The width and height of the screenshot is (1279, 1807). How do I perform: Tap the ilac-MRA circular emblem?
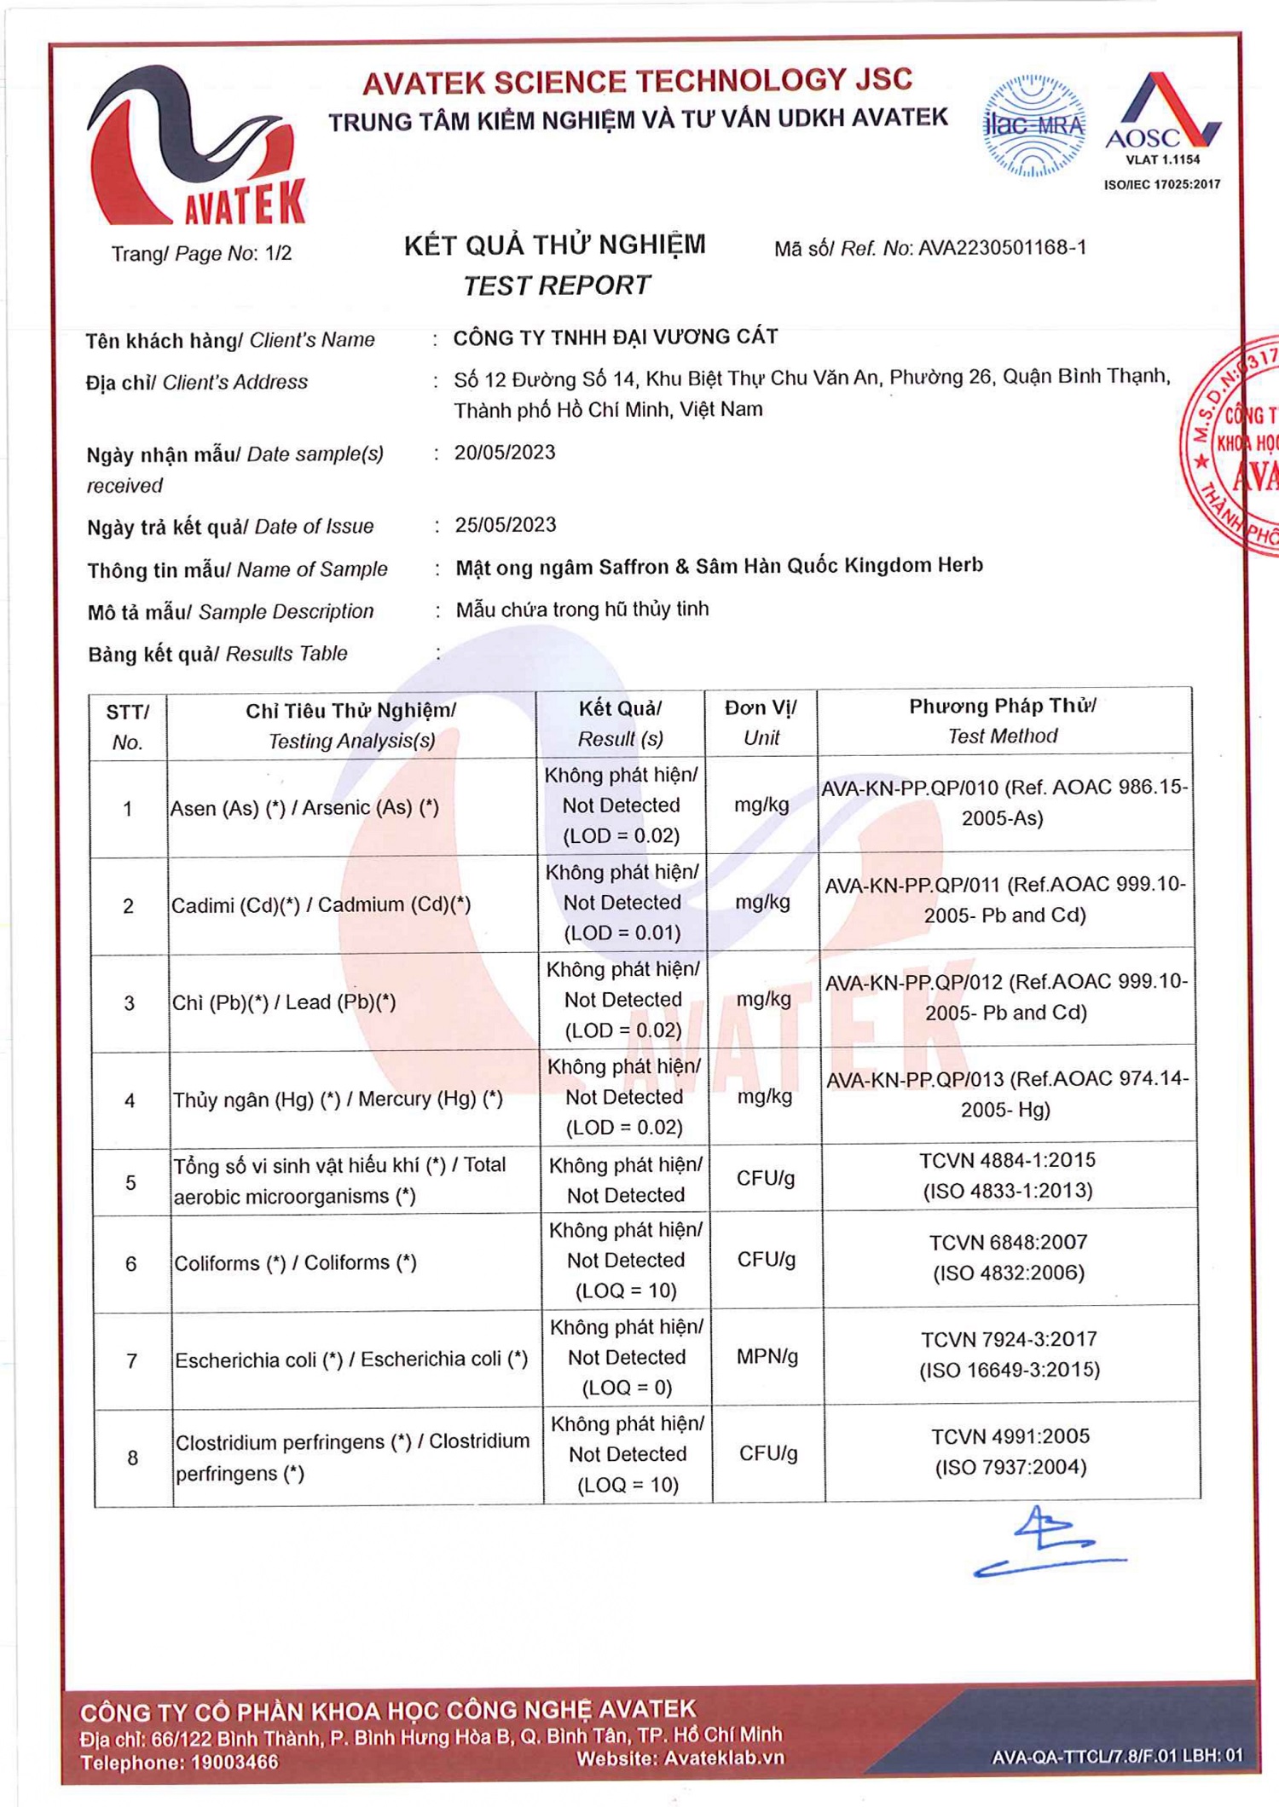coord(1033,126)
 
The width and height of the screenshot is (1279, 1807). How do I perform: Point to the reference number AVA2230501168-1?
coord(1002,248)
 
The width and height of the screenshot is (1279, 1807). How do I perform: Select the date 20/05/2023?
coord(505,453)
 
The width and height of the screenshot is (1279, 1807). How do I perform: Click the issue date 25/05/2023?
coord(506,525)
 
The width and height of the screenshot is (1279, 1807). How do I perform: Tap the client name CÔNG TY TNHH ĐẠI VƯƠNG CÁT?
coord(615,338)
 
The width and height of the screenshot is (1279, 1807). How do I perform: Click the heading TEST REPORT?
coord(556,286)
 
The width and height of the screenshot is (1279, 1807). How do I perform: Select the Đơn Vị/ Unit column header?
coord(761,723)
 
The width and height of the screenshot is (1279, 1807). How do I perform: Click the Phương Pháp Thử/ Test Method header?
coord(1003,721)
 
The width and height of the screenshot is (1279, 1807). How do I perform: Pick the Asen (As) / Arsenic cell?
coord(304,808)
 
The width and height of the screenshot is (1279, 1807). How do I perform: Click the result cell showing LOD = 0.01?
coord(622,903)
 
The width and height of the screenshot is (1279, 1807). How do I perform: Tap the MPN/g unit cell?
coord(767,1357)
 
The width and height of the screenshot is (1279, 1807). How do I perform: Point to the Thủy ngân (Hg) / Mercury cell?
coord(338,1100)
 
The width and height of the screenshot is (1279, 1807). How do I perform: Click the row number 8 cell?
coord(132,1458)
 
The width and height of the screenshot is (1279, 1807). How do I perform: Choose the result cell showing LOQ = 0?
coord(627,1358)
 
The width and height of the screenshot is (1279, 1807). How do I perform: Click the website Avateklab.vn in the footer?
coord(724,1758)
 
